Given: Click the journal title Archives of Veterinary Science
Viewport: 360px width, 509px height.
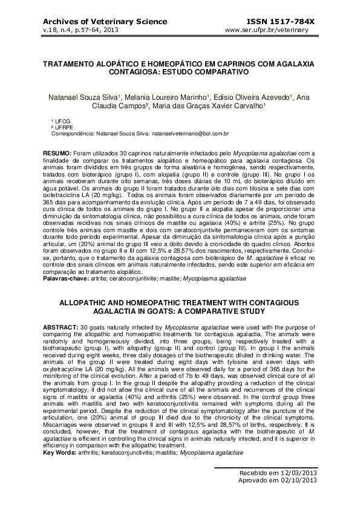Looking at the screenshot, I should (96, 21).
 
